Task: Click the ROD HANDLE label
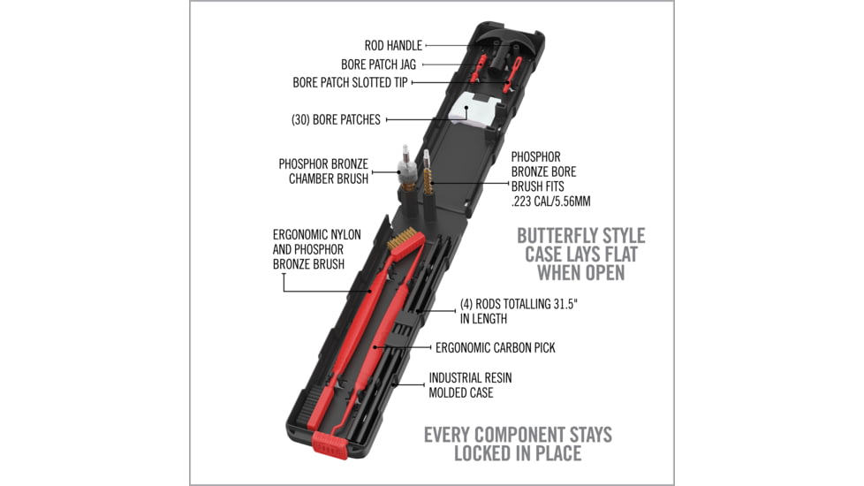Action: tap(393, 46)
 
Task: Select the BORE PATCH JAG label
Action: tap(378, 65)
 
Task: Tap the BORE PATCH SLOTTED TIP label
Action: tap(350, 83)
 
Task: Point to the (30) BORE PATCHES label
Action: tap(336, 119)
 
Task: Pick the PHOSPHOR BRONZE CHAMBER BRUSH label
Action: tap(323, 171)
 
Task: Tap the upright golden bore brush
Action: tap(428, 172)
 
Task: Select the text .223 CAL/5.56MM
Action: tap(550, 201)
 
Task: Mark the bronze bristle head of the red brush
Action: tap(405, 240)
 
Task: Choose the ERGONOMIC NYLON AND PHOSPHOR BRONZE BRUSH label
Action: tap(317, 249)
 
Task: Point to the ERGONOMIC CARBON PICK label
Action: tap(496, 347)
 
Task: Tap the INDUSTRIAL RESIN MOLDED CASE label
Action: tap(470, 385)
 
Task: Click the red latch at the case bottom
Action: tap(330, 444)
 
